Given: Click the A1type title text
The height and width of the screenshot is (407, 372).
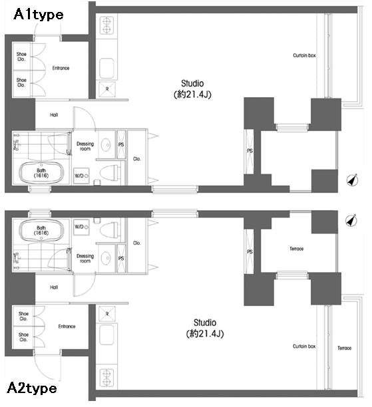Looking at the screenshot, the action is coord(39,15).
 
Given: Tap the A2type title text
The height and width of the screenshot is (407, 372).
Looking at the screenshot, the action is coord(32,388).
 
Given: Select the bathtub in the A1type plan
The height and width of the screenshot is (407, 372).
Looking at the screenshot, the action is coord(41,173).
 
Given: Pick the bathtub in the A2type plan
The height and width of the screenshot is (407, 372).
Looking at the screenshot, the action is coord(41,230).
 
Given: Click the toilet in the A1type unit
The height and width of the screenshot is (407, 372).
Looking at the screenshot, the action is coord(110,173).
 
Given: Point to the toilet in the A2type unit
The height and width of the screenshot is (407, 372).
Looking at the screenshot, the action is coord(110,229).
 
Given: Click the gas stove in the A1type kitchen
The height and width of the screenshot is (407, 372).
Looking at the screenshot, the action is coord(106,25).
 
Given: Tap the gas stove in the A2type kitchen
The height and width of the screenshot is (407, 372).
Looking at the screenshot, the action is coord(106,377).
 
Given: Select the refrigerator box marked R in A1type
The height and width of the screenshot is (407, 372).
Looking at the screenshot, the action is coord(107,89).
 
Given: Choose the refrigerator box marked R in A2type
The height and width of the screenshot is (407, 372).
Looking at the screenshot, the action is coord(107,314).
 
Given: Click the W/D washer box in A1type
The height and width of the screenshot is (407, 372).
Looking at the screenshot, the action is coord(81,176).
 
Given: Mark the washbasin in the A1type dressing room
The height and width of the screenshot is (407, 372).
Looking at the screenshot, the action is coord(106,144).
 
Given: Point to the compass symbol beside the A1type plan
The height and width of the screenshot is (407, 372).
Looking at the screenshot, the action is coord(352,180).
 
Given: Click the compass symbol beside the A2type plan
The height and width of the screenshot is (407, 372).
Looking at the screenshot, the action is coord(351,221).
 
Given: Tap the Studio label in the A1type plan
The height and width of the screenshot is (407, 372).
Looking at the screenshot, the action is coord(192,83).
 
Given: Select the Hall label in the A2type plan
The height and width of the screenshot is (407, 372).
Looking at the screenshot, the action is coord(54,287).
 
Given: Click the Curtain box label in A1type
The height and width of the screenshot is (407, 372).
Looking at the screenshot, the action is coord(304,56).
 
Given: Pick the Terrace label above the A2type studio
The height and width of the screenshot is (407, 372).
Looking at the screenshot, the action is coord(296,249).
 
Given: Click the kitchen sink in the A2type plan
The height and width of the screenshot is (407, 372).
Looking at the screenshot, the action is coord(106,335).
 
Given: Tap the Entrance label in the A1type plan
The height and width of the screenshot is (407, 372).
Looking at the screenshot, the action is coord(61,68).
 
